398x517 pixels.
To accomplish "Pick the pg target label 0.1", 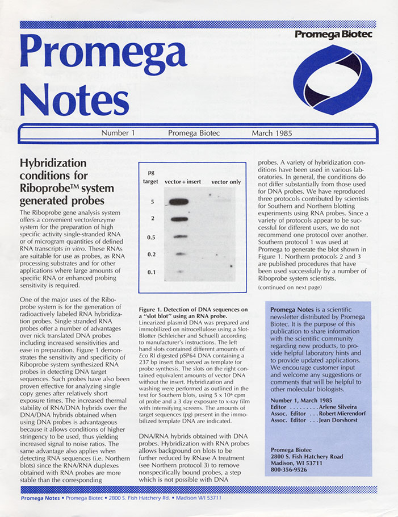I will pyautogui.click(x=152, y=273).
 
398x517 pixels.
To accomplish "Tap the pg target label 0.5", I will pyautogui.click(x=152, y=236).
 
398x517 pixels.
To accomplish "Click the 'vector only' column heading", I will pyautogui.click(x=227, y=181).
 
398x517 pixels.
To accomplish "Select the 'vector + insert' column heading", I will pyautogui.click(x=182, y=181).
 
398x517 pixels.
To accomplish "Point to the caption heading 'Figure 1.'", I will pyautogui.click(x=154, y=309).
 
